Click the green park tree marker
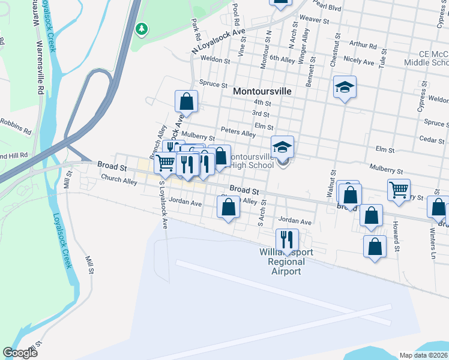142,28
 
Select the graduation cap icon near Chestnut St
345,87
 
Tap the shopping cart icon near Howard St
399,190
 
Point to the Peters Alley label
238,133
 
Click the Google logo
20,353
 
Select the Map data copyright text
424,355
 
